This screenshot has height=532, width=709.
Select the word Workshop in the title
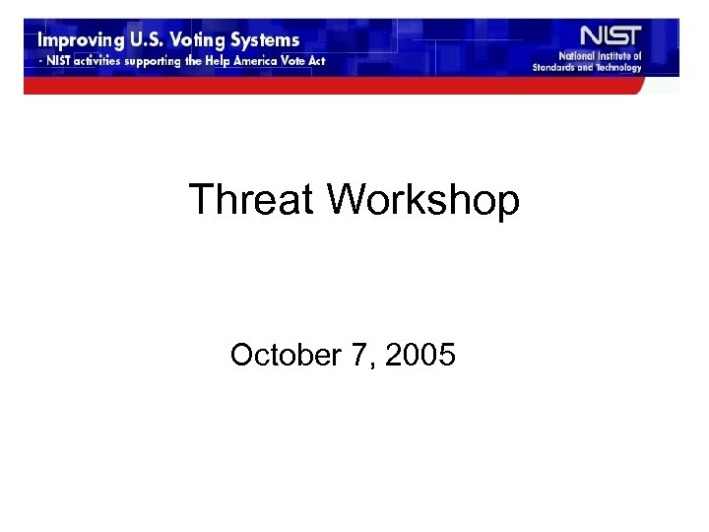pos(423,200)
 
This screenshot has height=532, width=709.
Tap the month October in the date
pos(285,355)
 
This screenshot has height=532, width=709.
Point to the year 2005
pos(420,355)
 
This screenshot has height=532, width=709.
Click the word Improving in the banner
pos(80,41)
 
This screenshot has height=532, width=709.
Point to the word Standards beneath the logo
pos(553,68)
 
